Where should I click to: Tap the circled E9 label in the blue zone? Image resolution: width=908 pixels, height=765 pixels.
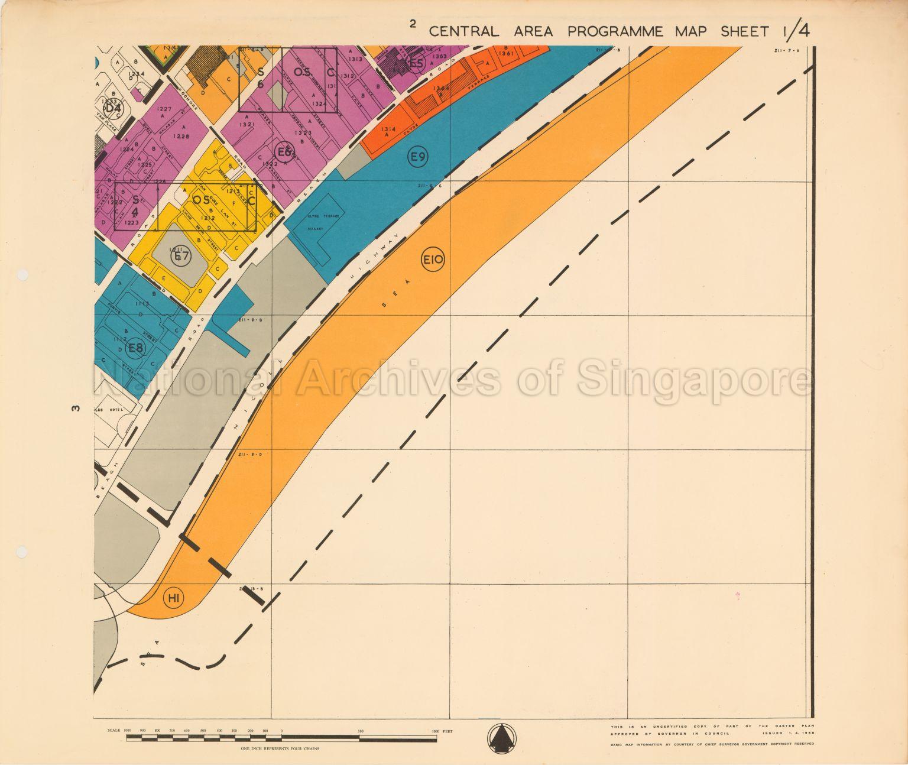[x=419, y=157]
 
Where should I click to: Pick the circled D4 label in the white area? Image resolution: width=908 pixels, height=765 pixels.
[x=113, y=109]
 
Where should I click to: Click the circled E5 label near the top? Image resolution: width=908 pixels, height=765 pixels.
[x=417, y=63]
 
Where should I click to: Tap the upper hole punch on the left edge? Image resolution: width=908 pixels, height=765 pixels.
[x=22, y=275]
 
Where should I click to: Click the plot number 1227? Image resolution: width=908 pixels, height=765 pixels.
[x=164, y=108]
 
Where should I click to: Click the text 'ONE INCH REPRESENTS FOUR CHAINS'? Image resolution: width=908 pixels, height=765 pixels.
[x=280, y=748]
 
